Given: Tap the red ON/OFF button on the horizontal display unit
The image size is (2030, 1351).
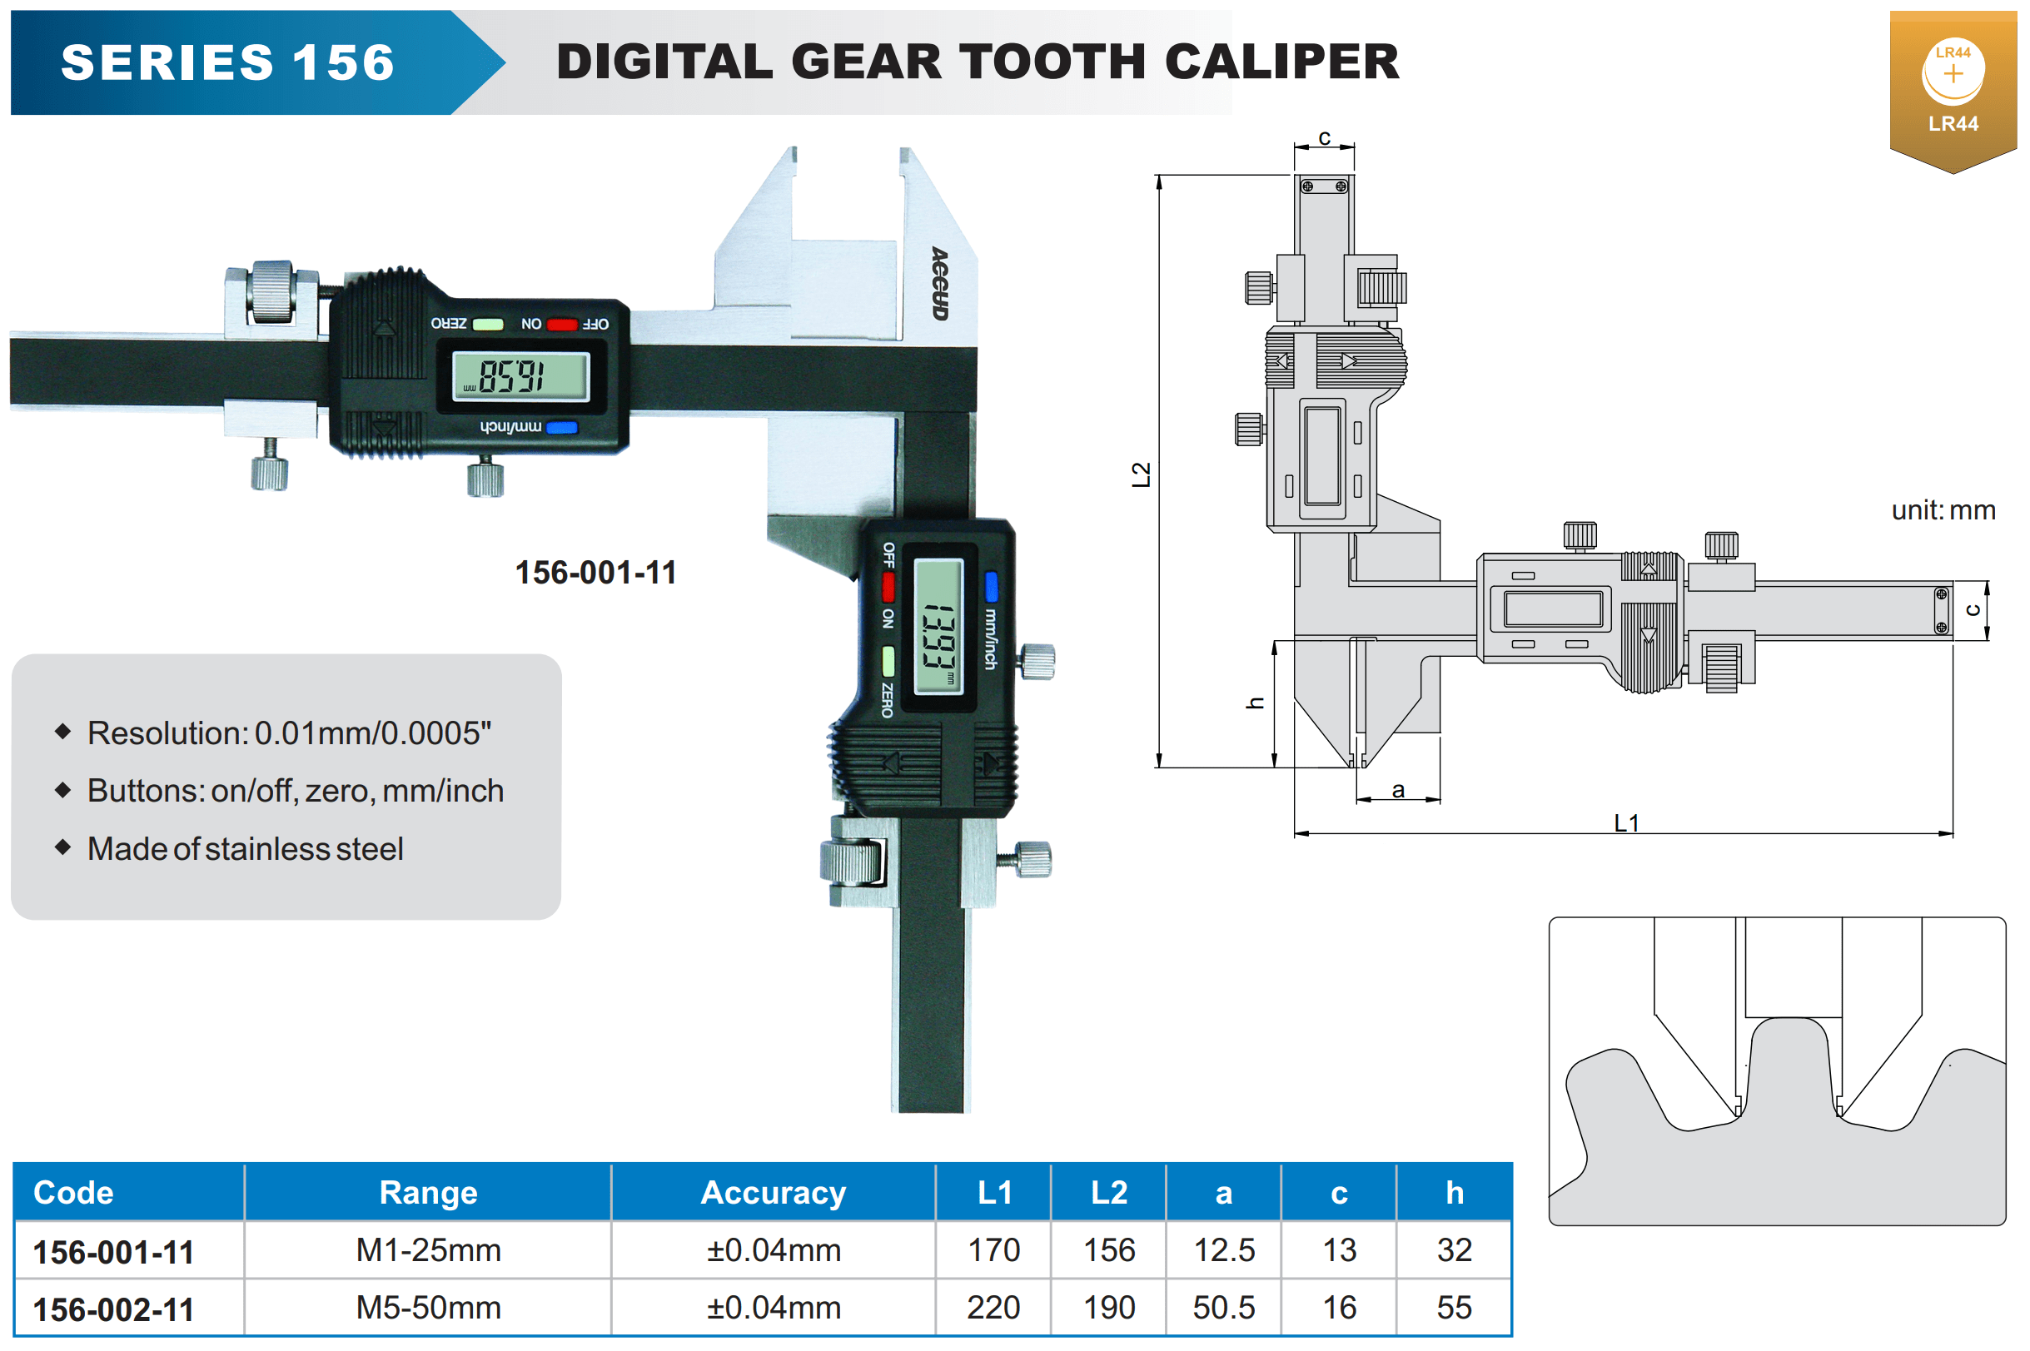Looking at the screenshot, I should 562,325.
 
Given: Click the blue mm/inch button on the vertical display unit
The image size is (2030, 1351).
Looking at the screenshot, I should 991,586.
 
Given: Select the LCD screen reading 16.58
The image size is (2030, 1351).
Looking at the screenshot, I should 520,376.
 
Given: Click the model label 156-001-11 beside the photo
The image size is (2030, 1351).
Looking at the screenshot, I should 595,573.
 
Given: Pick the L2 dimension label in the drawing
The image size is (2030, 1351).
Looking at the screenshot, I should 1141,474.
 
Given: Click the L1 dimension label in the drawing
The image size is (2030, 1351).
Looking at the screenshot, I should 1626,822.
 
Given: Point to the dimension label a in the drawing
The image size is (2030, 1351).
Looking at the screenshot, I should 1397,790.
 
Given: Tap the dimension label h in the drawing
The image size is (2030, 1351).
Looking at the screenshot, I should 1256,703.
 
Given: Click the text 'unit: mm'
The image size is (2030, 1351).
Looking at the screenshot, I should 1942,510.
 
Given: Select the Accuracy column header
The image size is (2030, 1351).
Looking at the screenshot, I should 773,1193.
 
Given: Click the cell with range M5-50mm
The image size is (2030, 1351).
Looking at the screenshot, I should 428,1308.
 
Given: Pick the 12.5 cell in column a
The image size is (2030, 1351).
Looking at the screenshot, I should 1223,1250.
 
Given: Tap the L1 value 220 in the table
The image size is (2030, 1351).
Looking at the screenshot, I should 993,1308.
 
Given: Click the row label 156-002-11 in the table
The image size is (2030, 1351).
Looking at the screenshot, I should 113,1309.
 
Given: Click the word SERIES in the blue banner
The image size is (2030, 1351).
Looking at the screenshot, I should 167,63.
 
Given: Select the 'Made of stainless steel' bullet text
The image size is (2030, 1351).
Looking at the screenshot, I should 246,849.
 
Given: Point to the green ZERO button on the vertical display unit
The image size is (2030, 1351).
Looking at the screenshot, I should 888,662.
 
